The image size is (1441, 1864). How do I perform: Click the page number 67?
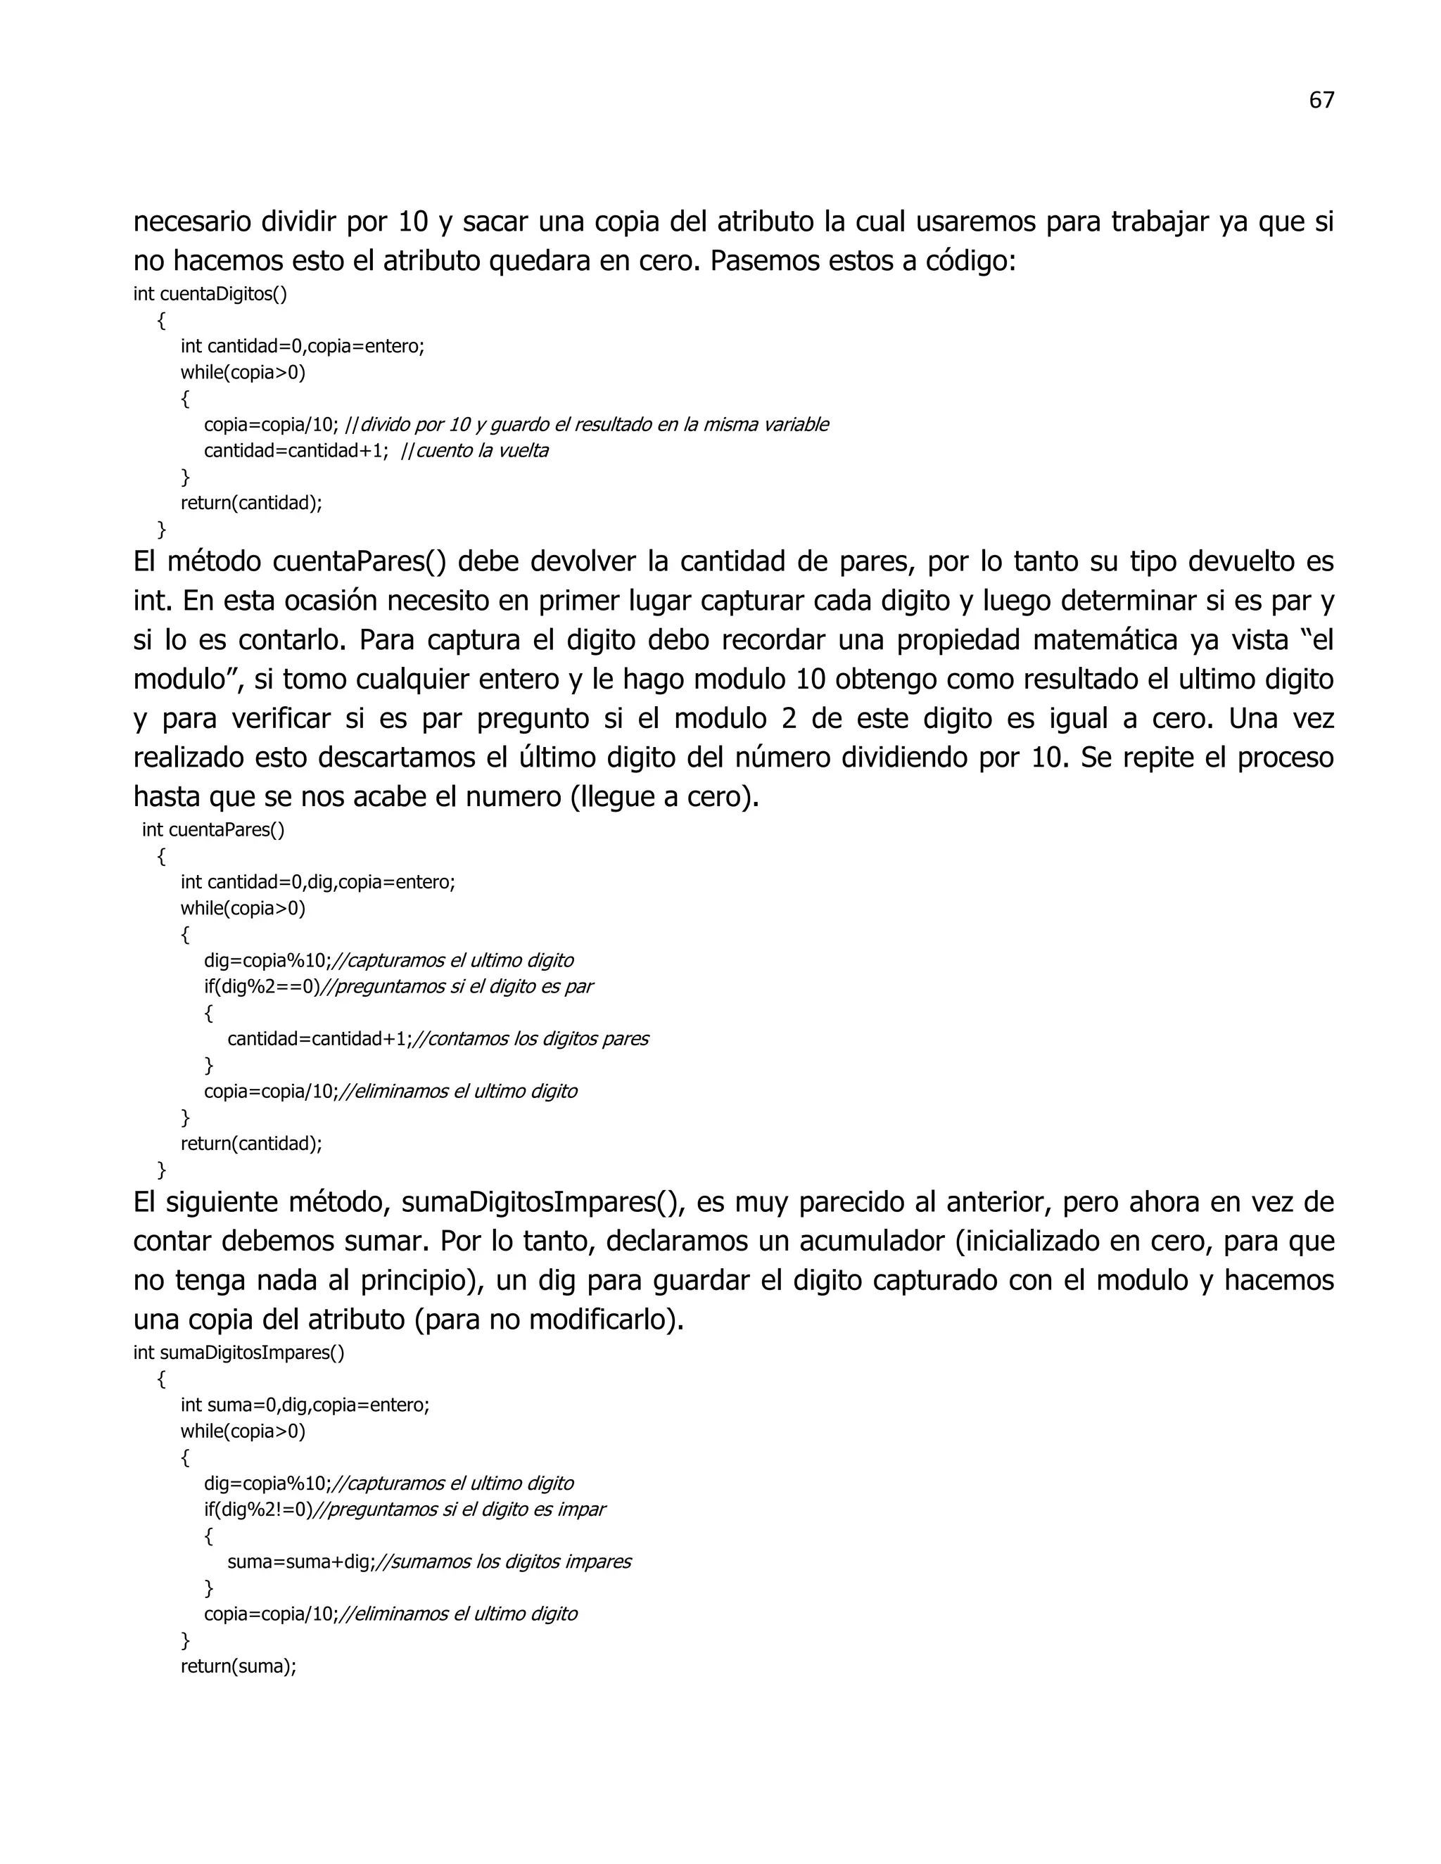coord(1321,101)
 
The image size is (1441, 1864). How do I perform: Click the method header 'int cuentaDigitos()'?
coord(210,295)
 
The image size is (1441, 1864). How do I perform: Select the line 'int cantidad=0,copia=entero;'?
coord(302,347)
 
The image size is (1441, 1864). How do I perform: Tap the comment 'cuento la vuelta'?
coord(481,451)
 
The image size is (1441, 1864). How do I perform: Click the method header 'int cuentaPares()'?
coord(213,829)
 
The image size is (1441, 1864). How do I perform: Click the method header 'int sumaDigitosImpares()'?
coord(239,1353)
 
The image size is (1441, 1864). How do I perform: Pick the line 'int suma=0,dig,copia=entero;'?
coord(305,1405)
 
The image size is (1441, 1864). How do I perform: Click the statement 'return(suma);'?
coord(239,1666)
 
